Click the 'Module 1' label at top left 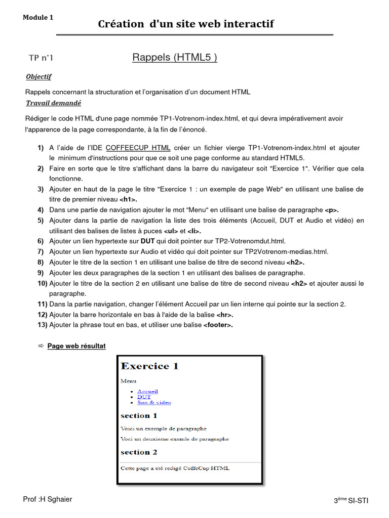click(38, 18)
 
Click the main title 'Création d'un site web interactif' click(186, 24)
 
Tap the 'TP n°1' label click(41, 58)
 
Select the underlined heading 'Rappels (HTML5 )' click(175, 58)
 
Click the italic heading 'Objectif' click(38, 77)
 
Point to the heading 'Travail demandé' click(53, 103)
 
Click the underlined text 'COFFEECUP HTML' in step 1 click(138, 148)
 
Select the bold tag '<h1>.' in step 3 click(128, 199)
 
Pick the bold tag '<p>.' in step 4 click(332, 209)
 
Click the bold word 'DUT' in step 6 click(147, 241)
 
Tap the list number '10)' click(43, 283)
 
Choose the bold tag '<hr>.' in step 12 click(225, 315)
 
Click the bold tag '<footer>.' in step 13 click(218, 325)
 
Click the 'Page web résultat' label click(76, 347)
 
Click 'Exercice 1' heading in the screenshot click(149, 366)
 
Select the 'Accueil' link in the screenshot click(147, 391)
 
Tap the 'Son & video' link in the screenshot click(154, 403)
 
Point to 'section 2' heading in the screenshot click(139, 452)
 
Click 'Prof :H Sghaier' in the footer click(48, 500)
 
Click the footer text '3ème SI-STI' click(351, 500)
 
